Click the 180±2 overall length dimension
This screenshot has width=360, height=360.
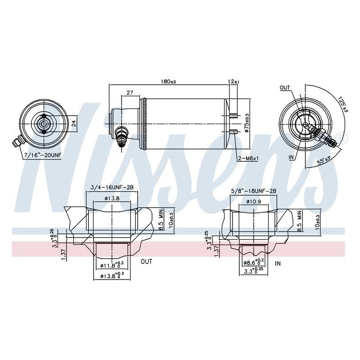169,81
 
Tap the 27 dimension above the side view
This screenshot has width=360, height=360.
130,92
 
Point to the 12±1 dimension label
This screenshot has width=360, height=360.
233,81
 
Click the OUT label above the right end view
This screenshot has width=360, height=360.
285,88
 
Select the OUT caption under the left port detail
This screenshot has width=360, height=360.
146,262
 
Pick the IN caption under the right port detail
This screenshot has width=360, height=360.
278,263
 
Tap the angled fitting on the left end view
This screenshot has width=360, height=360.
18,143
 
